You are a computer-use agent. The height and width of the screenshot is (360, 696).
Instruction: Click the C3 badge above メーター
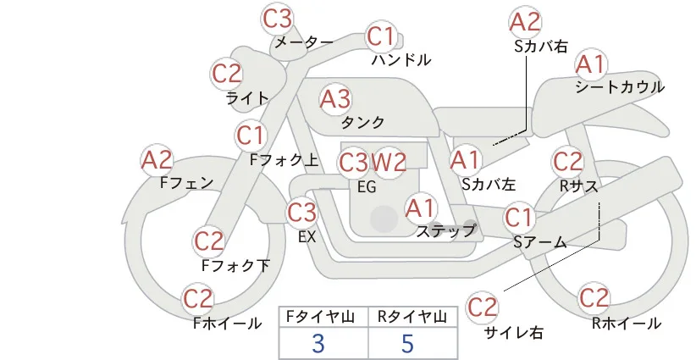click(278, 19)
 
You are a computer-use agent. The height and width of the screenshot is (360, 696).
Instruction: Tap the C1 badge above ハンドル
click(382, 36)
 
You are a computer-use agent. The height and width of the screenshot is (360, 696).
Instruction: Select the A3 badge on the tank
click(335, 99)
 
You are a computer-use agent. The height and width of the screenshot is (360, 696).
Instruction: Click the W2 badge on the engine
click(389, 163)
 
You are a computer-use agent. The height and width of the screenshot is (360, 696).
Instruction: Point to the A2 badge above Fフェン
click(157, 160)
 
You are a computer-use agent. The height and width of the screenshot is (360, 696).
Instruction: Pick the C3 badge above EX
click(302, 213)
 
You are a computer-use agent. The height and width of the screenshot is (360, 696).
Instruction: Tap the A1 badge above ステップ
click(421, 208)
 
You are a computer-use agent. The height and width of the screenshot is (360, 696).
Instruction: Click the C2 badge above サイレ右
click(482, 307)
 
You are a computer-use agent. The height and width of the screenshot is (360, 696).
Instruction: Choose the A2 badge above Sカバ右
click(525, 22)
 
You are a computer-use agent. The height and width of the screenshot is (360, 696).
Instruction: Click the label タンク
click(362, 122)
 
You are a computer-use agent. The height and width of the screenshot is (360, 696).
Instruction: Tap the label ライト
click(248, 97)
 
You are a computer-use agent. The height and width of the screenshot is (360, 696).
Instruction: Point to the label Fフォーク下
click(235, 265)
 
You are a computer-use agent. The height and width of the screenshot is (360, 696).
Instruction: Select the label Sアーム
click(540, 242)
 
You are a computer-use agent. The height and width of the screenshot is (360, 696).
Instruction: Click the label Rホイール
click(627, 324)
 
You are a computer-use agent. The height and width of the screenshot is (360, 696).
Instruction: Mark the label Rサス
click(579, 186)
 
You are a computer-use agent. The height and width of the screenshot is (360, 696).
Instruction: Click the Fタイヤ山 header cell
click(323, 317)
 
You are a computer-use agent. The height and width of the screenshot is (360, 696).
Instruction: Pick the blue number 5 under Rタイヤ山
click(407, 343)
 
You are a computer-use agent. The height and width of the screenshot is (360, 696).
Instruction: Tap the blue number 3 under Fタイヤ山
click(318, 343)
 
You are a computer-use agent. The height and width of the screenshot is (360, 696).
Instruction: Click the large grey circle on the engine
click(384, 219)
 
